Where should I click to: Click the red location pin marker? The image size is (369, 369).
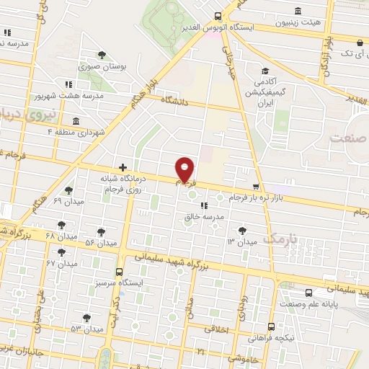click(186, 170)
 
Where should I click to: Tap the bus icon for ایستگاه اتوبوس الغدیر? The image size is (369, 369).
click(218, 16)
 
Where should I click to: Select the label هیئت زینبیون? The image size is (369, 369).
click(297, 23)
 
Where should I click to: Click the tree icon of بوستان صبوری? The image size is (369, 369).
click(102, 53)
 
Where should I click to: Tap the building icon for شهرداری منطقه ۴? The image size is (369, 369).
click(76, 120)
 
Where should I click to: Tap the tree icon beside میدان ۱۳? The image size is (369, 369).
click(241, 231)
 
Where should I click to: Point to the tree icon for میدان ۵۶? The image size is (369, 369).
click(100, 232)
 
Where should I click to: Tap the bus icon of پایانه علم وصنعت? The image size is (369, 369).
click(309, 293)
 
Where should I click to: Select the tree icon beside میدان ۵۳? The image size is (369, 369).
click(86, 318)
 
